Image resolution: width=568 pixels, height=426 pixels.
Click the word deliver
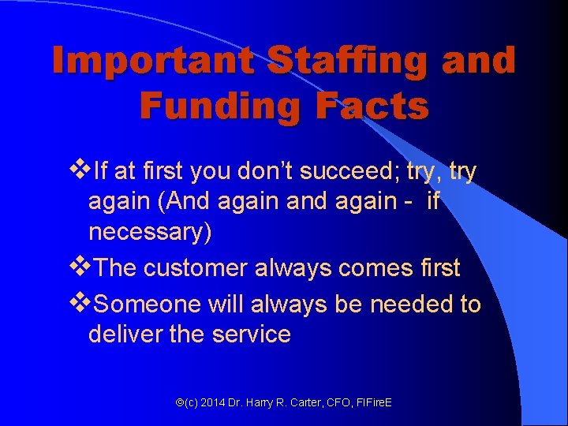click(124, 334)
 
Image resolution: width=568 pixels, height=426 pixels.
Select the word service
click(252, 334)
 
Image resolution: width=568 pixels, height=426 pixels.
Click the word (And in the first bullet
click(180, 202)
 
